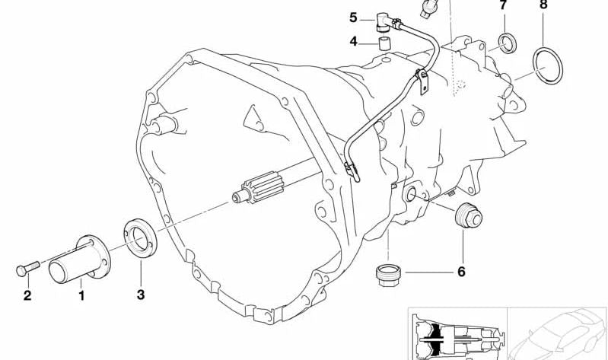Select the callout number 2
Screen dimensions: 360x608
click(27, 295)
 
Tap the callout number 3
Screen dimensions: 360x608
click(139, 294)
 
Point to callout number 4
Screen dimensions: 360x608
click(354, 41)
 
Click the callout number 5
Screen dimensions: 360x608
click(354, 17)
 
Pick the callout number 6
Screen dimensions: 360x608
click(461, 271)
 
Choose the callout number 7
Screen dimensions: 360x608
click(503, 5)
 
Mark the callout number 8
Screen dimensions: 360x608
click(543, 5)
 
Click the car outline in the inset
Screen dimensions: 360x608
click(560, 331)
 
